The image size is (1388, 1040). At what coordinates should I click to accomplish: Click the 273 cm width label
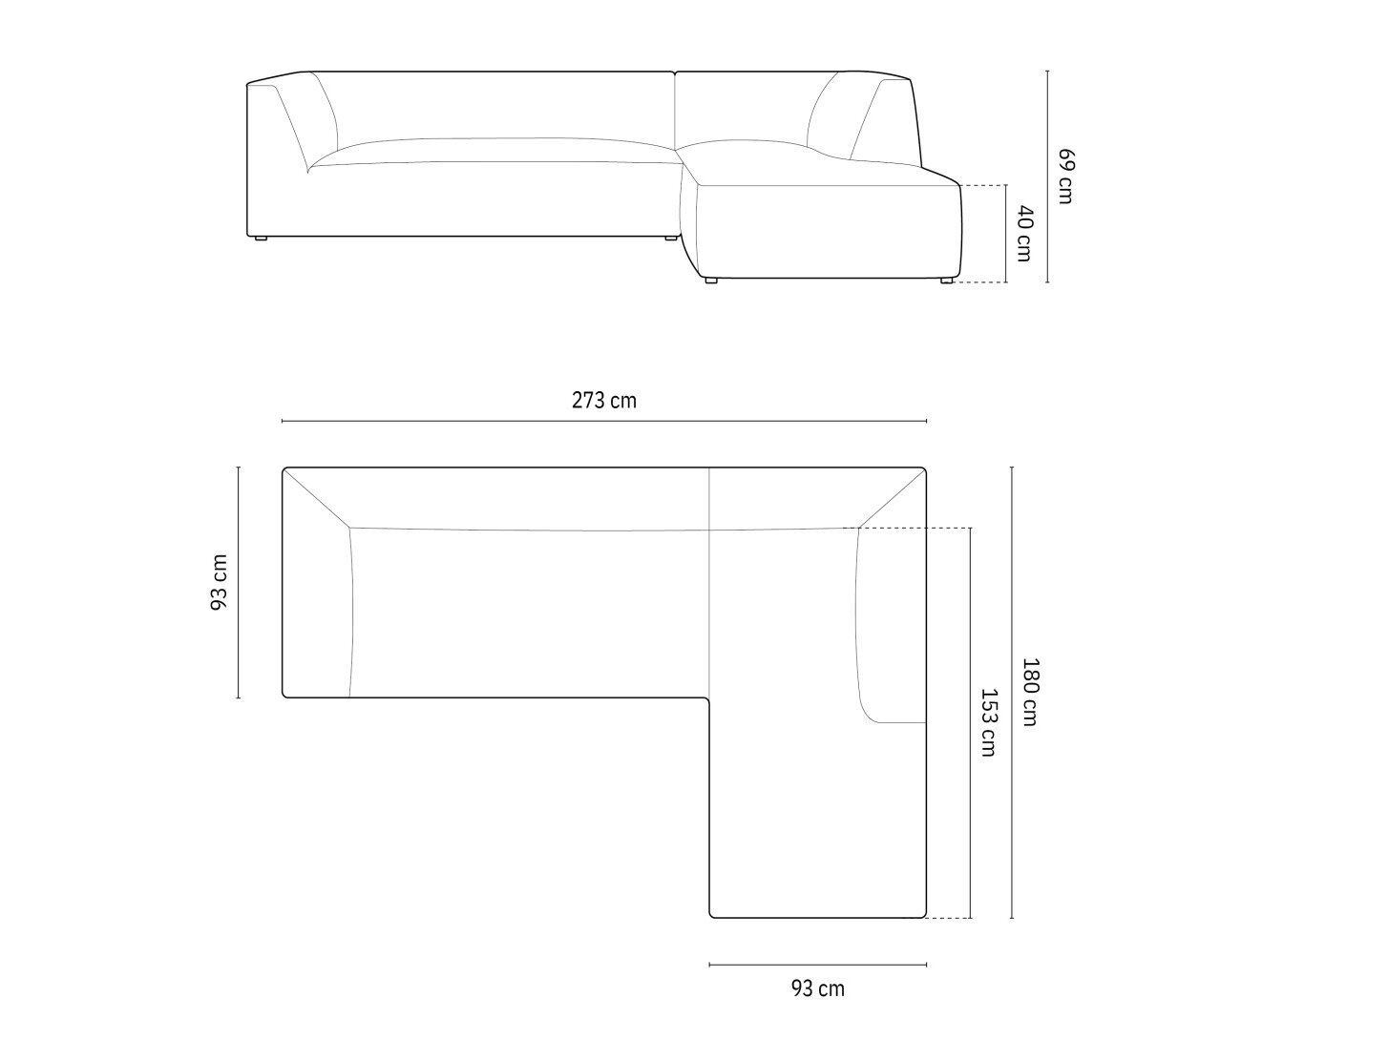coord(604,401)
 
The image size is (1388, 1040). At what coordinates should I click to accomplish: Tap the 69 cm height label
coord(1065,177)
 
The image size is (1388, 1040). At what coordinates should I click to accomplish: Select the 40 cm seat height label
coord(1023,233)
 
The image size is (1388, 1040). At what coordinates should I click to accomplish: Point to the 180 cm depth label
coord(1029,693)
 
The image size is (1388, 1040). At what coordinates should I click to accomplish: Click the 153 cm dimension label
coord(988,722)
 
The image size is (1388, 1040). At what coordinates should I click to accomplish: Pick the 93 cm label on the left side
coord(219,582)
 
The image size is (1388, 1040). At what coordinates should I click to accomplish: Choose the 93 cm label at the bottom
coord(818,988)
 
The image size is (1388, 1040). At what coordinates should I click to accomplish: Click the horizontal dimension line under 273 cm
coord(604,421)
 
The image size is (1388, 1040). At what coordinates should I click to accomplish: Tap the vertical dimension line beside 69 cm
coord(1047,177)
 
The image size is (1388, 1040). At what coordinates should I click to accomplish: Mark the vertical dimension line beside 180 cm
coord(1012,693)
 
